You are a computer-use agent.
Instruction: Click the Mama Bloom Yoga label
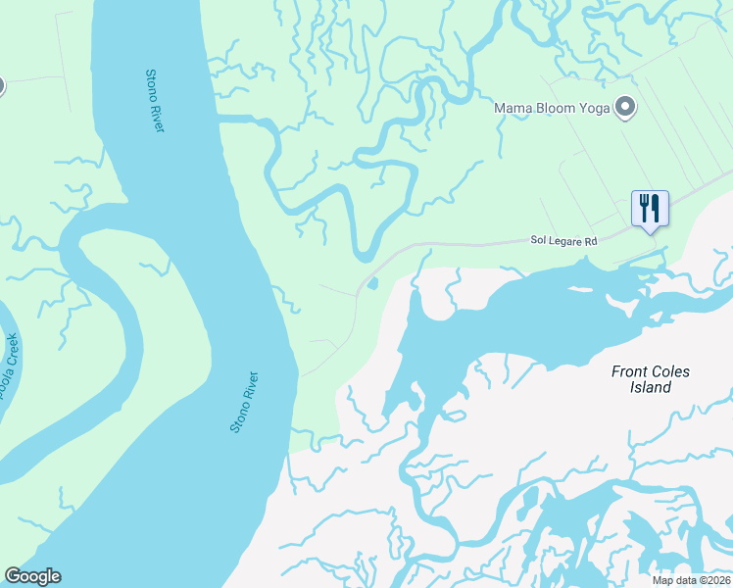pos(552,107)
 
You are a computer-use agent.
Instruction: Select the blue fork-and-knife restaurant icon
pos(649,208)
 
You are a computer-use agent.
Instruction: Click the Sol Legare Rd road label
pos(563,239)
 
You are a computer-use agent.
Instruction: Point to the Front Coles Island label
pos(650,379)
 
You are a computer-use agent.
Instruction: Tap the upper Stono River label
pos(154,101)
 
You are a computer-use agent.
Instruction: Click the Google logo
pos(32,576)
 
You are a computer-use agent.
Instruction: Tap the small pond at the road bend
pos(372,284)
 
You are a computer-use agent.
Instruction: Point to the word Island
pos(650,387)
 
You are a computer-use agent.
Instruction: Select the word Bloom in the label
pos(552,107)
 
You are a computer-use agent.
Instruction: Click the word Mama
pos(513,107)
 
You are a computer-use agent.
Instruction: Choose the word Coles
pos(671,371)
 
